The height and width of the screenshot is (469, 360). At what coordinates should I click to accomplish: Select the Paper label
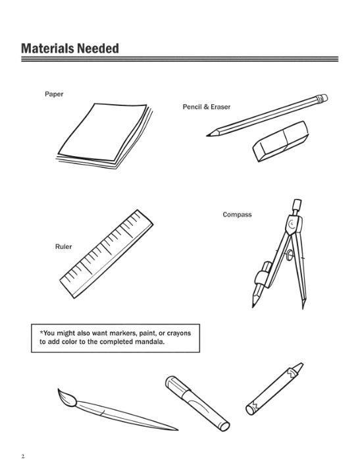coord(53,95)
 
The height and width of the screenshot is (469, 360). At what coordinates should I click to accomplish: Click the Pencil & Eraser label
coord(207,107)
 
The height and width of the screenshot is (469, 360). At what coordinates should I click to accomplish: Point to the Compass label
coord(237,215)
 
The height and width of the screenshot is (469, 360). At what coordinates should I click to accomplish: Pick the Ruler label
coord(64,247)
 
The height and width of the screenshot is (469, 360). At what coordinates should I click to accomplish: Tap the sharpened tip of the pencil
coord(209,135)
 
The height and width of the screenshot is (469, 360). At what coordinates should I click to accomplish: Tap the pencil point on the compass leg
coord(253,303)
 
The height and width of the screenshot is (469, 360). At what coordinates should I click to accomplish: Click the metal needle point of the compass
coord(304,306)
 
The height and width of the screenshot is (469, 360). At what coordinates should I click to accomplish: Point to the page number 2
coord(22,456)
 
